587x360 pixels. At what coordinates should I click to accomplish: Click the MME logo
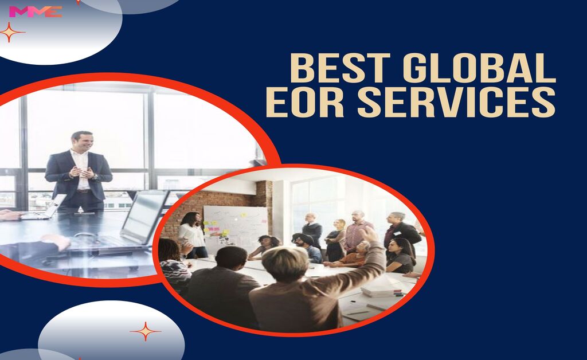(36, 11)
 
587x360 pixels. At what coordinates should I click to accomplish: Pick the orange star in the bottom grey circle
(145, 331)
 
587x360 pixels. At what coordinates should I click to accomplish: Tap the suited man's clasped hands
(81, 172)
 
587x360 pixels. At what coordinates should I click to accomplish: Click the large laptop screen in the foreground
(144, 216)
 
